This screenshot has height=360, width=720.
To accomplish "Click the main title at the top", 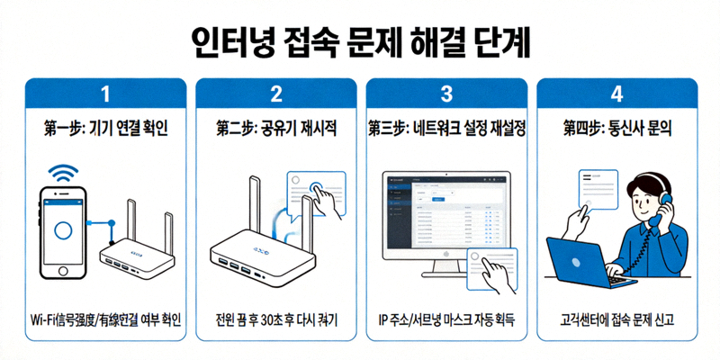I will pyautogui.click(x=360, y=40).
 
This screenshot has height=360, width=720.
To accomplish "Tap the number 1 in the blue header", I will pyautogui.click(x=106, y=94).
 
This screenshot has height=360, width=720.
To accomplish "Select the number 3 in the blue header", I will pyautogui.click(x=446, y=94).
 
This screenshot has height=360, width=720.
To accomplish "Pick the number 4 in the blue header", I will pyautogui.click(x=616, y=94).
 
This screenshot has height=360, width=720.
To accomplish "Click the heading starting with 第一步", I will pyautogui.click(x=106, y=129).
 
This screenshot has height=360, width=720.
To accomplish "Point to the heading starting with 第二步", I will pyautogui.click(x=276, y=129).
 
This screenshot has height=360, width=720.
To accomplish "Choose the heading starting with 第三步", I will pyautogui.click(x=446, y=129).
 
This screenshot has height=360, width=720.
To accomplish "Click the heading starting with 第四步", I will pyautogui.click(x=616, y=129).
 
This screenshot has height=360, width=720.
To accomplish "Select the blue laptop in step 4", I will pyautogui.click(x=585, y=256).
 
